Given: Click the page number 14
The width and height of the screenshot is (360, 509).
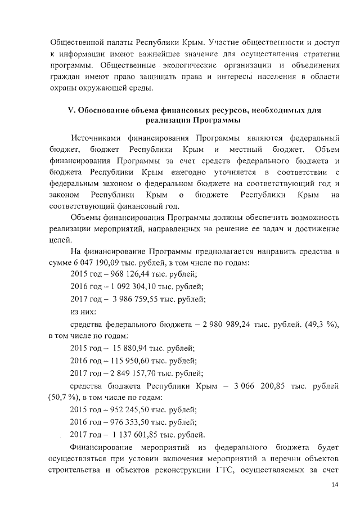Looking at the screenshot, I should [335, 485].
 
